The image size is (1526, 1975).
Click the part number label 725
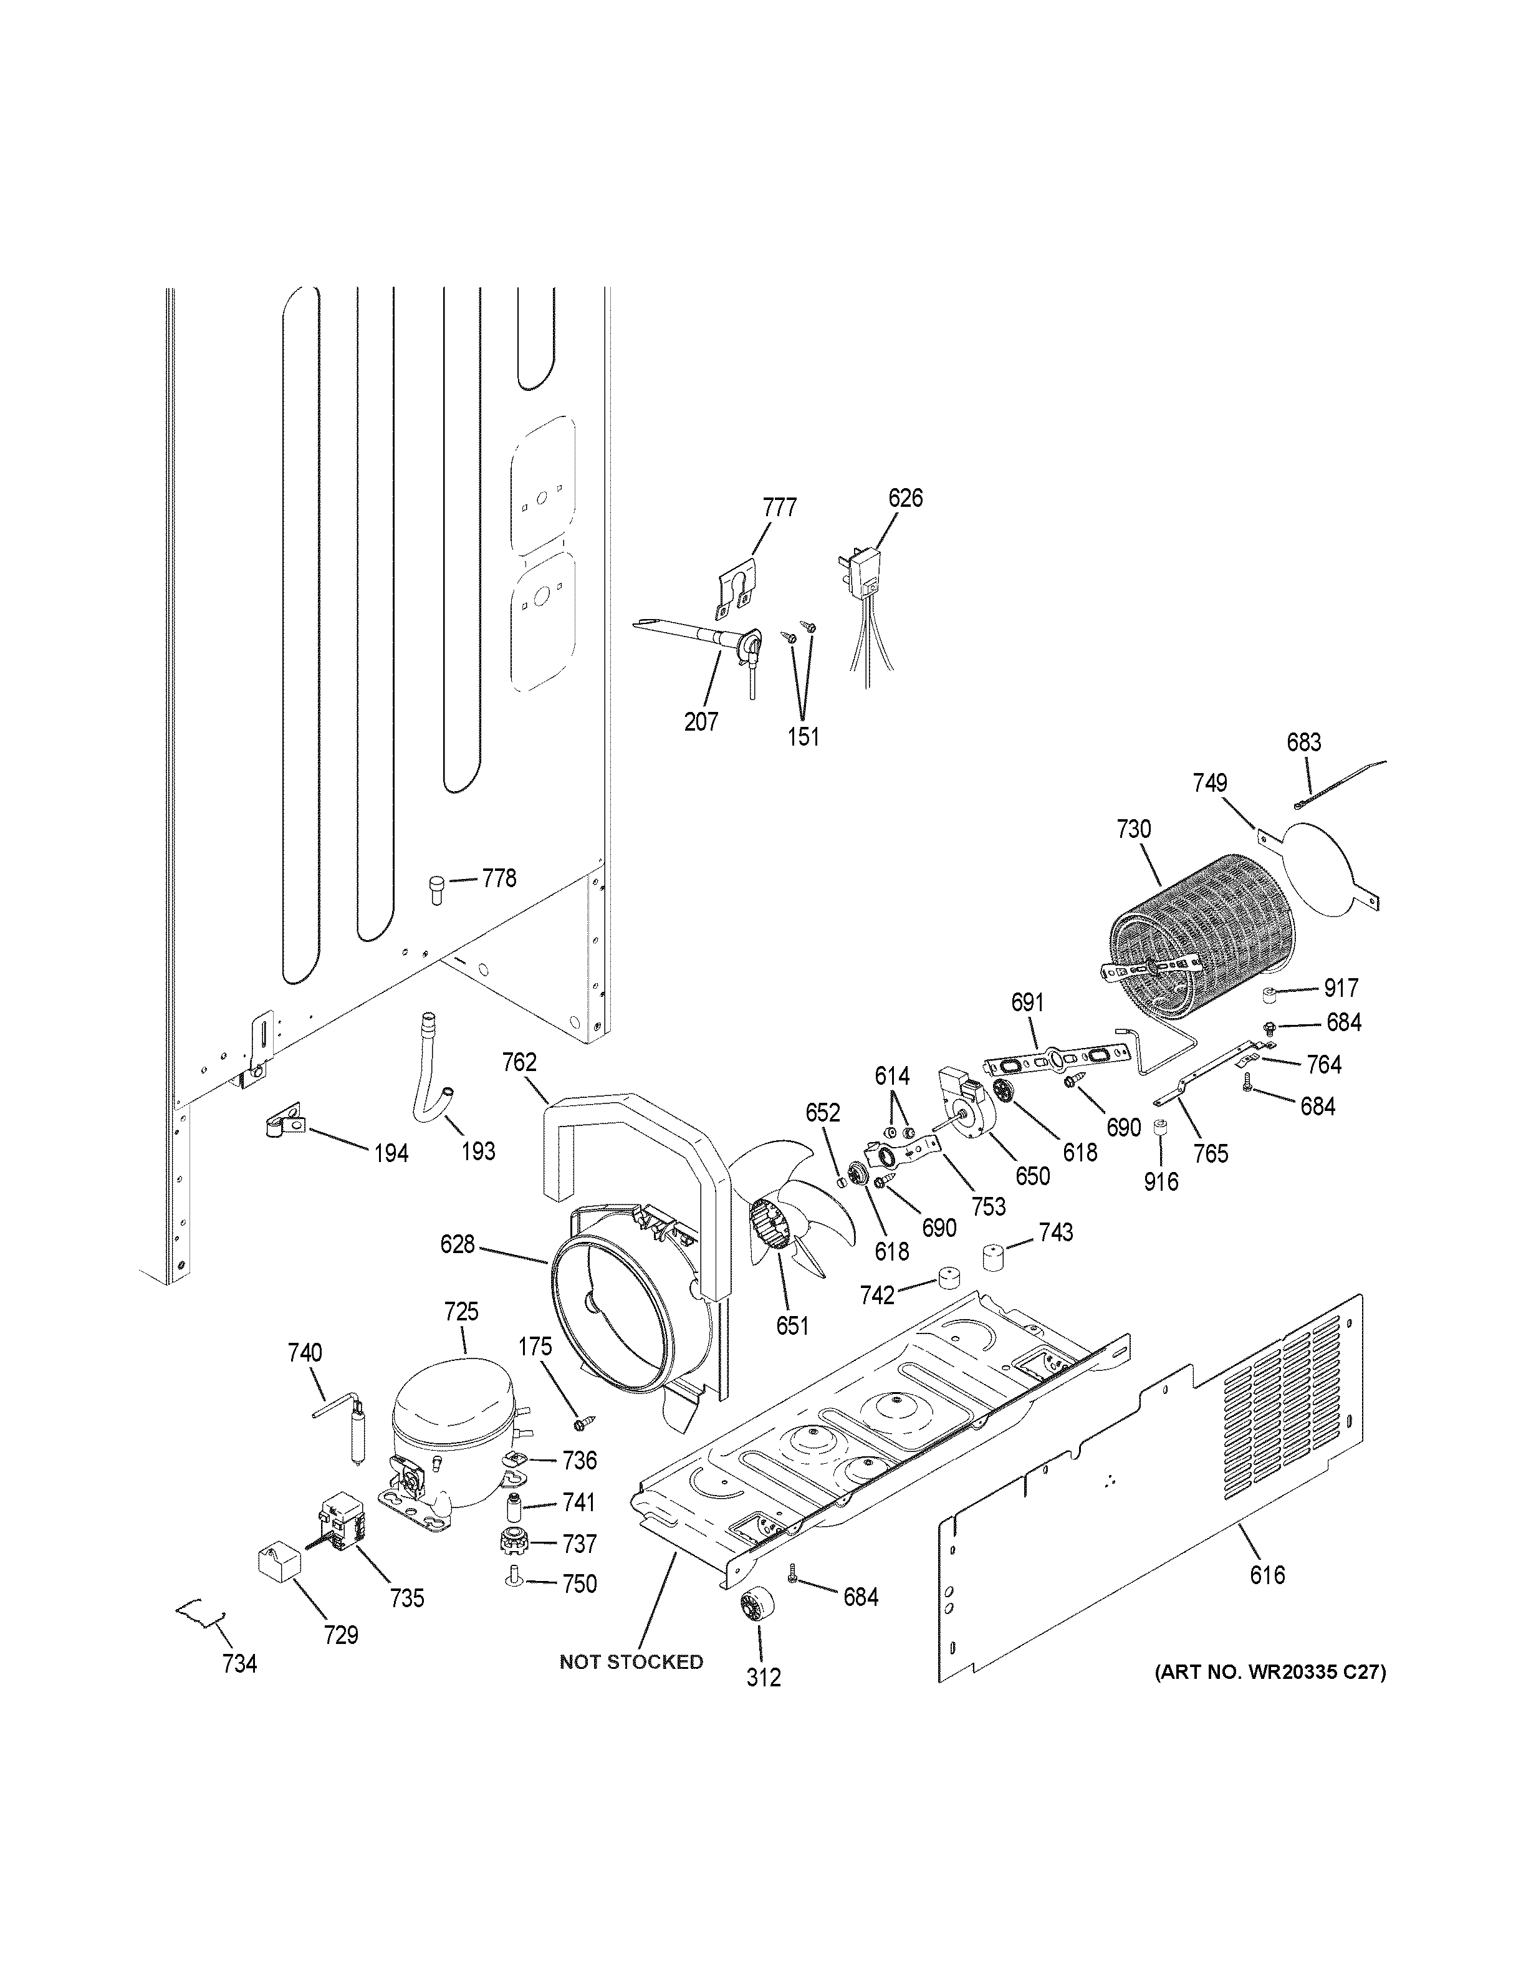(461, 1311)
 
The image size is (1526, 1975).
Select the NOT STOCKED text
(631, 1662)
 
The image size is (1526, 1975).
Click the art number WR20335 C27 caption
(1270, 1672)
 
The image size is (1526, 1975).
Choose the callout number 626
(905, 498)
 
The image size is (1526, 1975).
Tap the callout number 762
(520, 1062)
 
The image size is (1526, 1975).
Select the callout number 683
(1303, 742)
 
